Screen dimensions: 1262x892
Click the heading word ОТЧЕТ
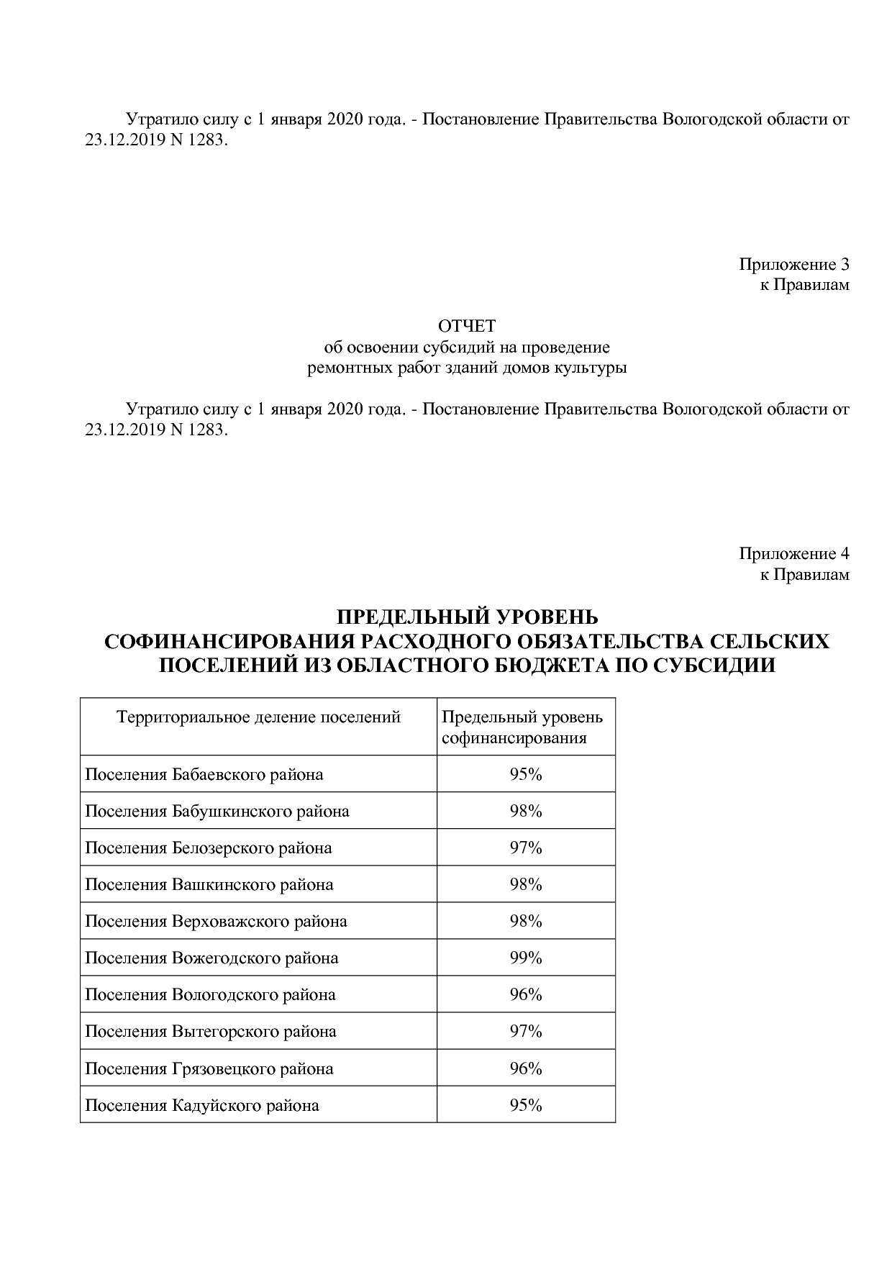point(467,327)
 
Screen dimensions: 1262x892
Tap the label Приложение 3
point(793,264)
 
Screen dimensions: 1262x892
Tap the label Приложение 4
point(793,554)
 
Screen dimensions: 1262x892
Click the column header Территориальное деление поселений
point(258,717)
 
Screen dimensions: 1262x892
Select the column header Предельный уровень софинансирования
point(522,727)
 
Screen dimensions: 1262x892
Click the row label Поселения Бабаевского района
point(204,774)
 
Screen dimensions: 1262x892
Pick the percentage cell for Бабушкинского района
point(525,811)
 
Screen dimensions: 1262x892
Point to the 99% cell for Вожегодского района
point(525,958)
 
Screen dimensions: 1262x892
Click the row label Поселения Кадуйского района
point(202,1105)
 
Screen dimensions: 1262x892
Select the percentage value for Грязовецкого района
point(525,1068)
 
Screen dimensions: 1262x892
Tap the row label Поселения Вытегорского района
point(211,1031)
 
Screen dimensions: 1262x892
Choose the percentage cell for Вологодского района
point(525,994)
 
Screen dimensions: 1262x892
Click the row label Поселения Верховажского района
point(216,921)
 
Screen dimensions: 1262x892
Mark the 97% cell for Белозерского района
point(525,848)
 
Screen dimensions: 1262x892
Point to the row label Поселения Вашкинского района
point(209,884)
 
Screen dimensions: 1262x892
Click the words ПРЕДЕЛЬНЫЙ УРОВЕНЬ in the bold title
point(467,617)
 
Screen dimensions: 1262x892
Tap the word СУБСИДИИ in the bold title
point(714,665)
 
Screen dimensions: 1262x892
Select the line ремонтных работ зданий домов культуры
point(467,368)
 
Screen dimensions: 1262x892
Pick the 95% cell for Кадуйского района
point(525,1105)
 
